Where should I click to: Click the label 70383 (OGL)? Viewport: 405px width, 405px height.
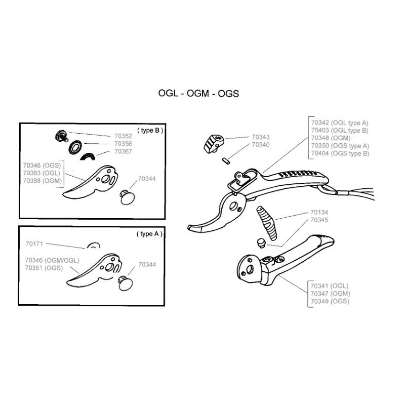click(41, 173)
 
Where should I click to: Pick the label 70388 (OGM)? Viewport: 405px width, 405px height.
click(42, 180)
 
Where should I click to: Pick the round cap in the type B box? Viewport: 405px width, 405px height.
click(129, 196)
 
